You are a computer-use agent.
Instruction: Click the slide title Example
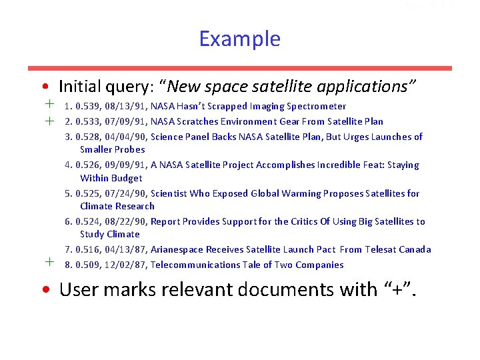click(239, 39)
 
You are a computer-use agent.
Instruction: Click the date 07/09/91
click(126, 121)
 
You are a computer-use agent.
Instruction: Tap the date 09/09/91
click(126, 165)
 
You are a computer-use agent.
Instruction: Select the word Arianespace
click(179, 249)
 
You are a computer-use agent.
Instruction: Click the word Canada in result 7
click(415, 249)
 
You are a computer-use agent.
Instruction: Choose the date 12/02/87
click(126, 265)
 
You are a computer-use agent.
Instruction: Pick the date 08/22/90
click(126, 221)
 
